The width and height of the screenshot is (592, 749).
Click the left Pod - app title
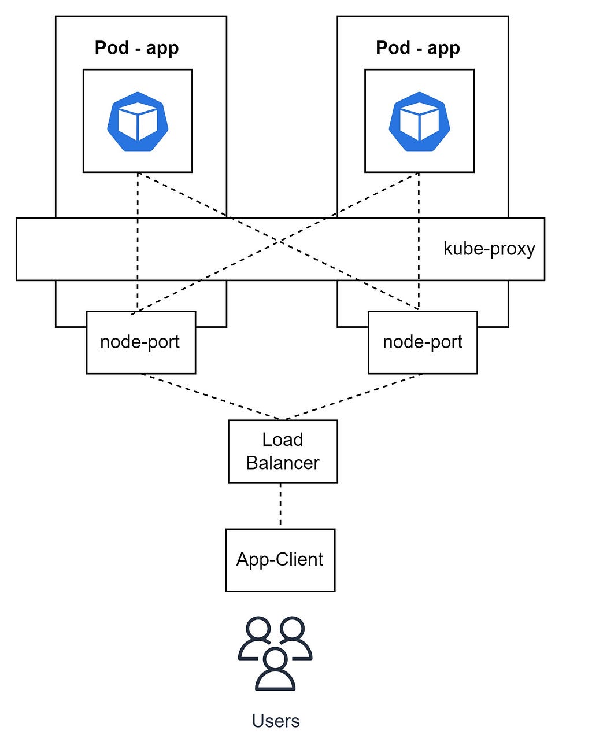pyautogui.click(x=137, y=48)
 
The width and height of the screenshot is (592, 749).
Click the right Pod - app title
pyautogui.click(x=418, y=48)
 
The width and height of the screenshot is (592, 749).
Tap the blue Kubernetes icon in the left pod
pyautogui.click(x=138, y=121)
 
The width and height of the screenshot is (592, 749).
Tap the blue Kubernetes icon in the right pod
pyautogui.click(x=419, y=121)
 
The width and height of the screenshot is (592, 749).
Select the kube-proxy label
pyautogui.click(x=489, y=249)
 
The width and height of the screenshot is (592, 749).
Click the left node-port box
pyautogui.click(x=141, y=342)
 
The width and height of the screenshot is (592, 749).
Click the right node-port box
pyautogui.click(x=423, y=342)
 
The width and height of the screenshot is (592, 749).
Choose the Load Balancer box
pyautogui.click(x=283, y=451)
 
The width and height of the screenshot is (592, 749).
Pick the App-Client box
pyautogui.click(x=280, y=560)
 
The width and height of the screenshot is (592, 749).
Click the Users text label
pyautogui.click(x=276, y=721)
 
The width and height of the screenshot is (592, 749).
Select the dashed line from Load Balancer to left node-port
pyautogui.click(x=210, y=397)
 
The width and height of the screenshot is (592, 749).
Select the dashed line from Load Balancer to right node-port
pyautogui.click(x=353, y=397)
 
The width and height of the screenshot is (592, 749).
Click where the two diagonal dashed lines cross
pyautogui.click(x=279, y=241)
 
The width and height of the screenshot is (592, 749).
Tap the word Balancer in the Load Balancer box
pyautogui.click(x=283, y=463)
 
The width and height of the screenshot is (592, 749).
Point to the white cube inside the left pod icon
pyautogui.click(x=138, y=121)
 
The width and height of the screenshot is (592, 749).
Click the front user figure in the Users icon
pyautogui.click(x=275, y=669)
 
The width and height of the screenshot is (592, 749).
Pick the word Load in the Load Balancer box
pyautogui.click(x=283, y=440)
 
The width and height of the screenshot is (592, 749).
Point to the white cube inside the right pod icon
pyautogui.click(x=419, y=121)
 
